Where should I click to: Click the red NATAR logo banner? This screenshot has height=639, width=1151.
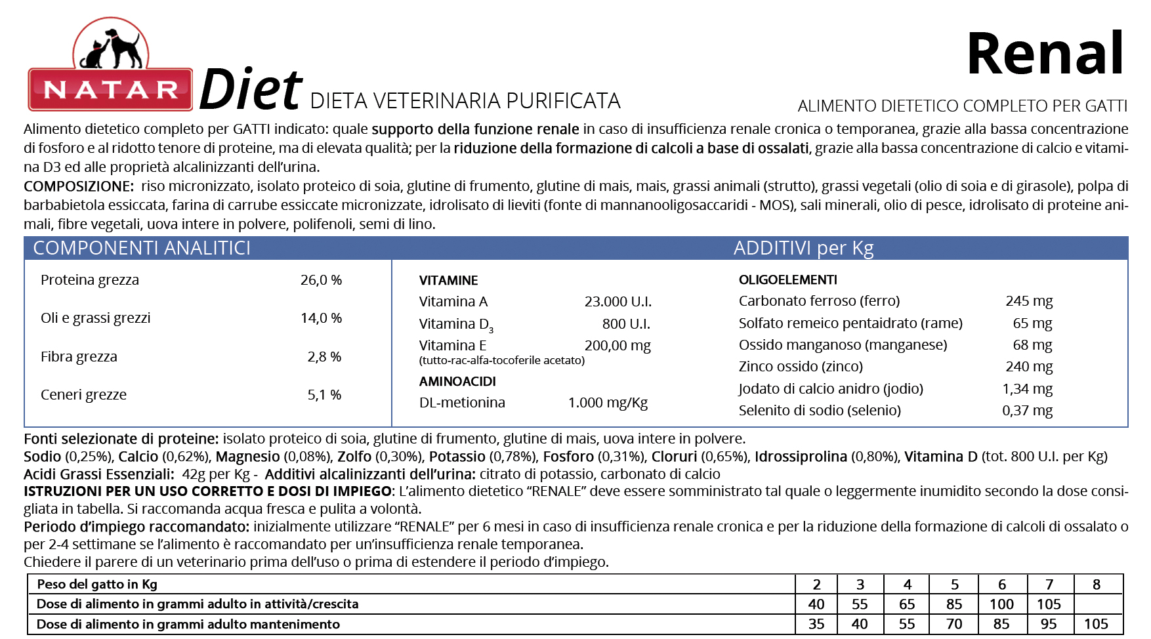point(110,89)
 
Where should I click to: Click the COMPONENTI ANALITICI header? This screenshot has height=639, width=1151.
point(142,248)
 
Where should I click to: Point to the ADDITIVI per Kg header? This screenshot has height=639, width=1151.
point(803,248)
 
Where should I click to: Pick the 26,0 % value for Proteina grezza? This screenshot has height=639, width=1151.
point(321,280)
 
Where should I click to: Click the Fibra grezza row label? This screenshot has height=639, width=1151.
point(79,357)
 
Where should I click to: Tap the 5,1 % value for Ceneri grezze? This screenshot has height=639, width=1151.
point(324,395)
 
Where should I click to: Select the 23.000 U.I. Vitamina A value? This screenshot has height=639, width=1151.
point(617,302)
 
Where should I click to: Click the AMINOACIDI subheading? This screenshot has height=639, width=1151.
point(457,381)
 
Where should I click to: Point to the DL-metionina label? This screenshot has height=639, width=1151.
point(462,403)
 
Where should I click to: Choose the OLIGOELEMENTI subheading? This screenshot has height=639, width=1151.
point(787,280)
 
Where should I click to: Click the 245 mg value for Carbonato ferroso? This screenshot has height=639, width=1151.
point(1028,301)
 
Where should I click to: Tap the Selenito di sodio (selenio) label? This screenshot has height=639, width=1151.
point(820,411)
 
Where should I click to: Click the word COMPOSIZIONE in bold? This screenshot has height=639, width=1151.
point(78,186)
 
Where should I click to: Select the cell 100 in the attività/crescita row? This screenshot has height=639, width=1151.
point(1001,604)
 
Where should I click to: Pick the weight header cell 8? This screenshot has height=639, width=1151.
point(1097,585)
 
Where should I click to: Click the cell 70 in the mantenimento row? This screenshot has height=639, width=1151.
point(954,624)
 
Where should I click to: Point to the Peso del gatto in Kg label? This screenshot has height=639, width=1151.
point(97,585)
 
